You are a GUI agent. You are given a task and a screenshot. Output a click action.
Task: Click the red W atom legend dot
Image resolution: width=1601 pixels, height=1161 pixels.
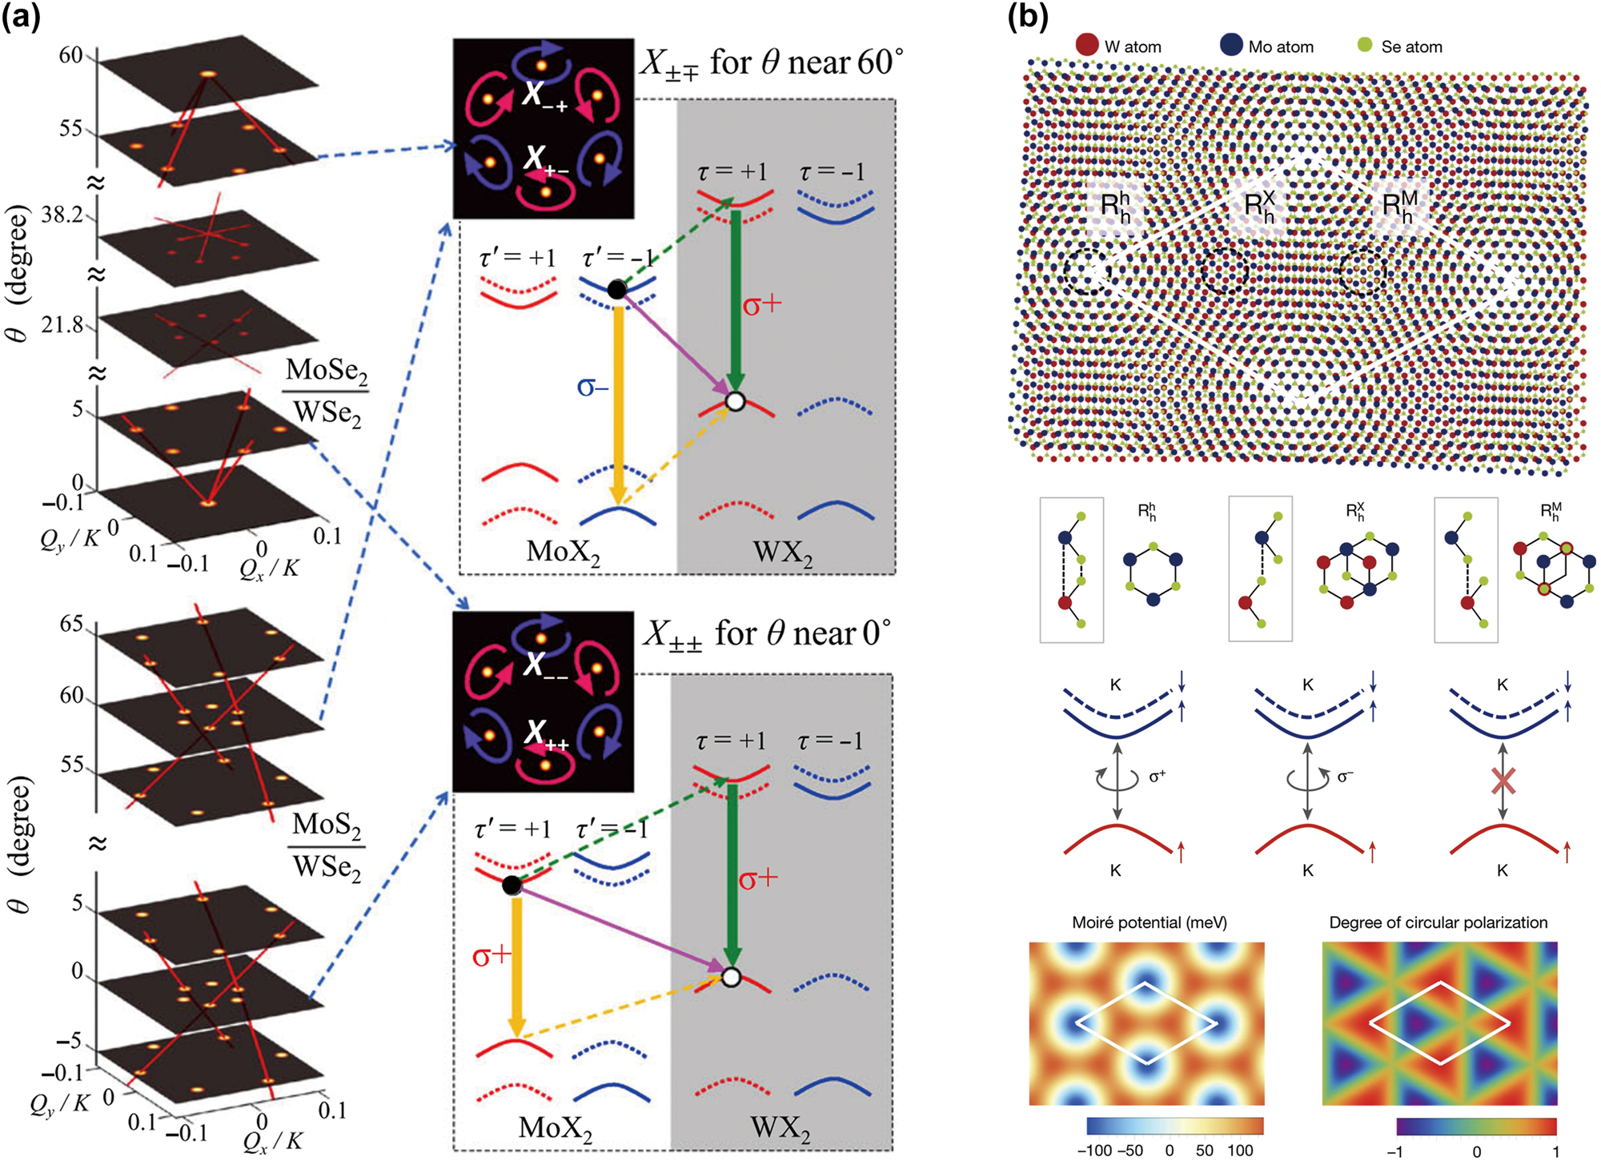(1087, 45)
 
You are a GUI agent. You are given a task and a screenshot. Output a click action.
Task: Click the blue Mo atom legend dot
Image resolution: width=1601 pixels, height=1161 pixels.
(1231, 45)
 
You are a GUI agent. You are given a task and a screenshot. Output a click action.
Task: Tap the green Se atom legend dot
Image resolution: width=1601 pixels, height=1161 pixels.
(1366, 45)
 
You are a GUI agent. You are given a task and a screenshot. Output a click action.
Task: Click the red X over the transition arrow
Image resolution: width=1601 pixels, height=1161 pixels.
(1503, 781)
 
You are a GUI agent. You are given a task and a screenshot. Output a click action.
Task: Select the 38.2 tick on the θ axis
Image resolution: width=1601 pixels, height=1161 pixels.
(62, 215)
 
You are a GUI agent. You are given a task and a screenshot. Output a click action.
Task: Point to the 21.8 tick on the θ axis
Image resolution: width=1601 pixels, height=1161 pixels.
(62, 324)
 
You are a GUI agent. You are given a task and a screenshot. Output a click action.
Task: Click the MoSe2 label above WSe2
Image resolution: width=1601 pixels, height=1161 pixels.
(326, 370)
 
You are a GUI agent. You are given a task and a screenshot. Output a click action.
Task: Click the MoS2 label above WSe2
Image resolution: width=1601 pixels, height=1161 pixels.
(326, 824)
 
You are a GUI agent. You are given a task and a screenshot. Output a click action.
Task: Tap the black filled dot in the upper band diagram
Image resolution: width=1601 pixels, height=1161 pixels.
(616, 289)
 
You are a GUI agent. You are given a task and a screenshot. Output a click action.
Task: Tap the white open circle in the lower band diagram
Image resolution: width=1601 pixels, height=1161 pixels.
(731, 977)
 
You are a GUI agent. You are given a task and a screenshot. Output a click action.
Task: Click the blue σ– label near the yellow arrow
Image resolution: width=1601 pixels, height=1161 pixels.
(592, 388)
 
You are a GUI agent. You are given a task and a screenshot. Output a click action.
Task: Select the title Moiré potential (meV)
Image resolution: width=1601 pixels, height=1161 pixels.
(1149, 922)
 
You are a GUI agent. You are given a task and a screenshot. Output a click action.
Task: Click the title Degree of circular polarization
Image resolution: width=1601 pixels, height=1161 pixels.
(1438, 922)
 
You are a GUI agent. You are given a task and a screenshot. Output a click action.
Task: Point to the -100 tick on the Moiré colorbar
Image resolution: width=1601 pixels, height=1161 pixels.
(1094, 1151)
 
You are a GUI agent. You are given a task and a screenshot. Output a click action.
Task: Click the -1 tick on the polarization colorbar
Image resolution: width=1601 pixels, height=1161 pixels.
(1395, 1151)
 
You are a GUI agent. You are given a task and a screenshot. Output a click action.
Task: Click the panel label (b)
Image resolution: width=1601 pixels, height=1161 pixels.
(1028, 16)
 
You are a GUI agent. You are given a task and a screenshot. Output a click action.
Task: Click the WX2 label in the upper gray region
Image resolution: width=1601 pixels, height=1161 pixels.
(783, 553)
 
